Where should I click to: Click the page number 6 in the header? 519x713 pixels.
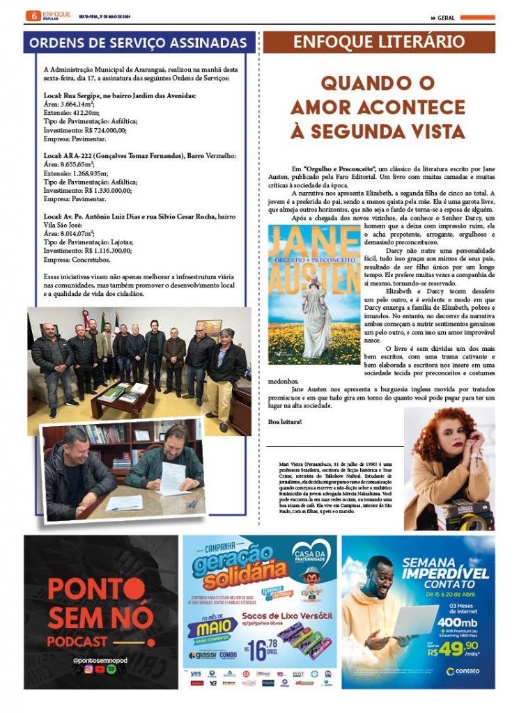point(31,15)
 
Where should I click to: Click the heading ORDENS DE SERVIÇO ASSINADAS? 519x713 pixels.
point(138,42)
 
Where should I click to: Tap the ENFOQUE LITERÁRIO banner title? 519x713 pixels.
point(379,42)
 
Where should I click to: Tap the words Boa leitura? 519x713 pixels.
point(285,423)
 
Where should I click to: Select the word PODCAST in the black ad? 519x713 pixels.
point(78,641)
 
